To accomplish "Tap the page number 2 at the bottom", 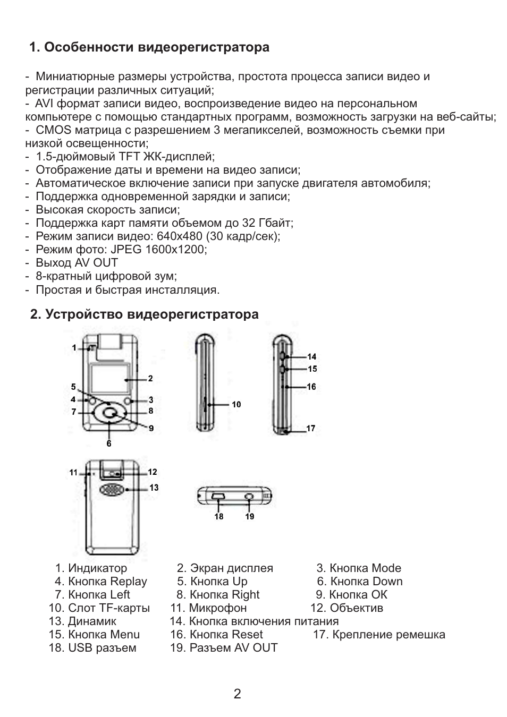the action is coord(238,694).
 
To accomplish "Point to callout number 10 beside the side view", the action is coord(236,404).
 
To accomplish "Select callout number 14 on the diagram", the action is coord(311,356).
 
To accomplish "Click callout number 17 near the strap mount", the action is coord(311,428).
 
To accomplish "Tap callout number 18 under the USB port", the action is coord(219,516).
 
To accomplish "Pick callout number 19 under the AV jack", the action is coord(249,516).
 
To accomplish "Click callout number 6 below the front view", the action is coord(109,443).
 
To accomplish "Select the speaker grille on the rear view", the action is coord(112,490).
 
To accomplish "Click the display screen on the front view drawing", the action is coord(110,378).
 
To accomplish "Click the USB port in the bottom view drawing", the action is coord(218,497).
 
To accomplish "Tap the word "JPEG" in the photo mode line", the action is coord(126,249).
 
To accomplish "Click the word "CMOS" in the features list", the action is coord(54,130).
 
